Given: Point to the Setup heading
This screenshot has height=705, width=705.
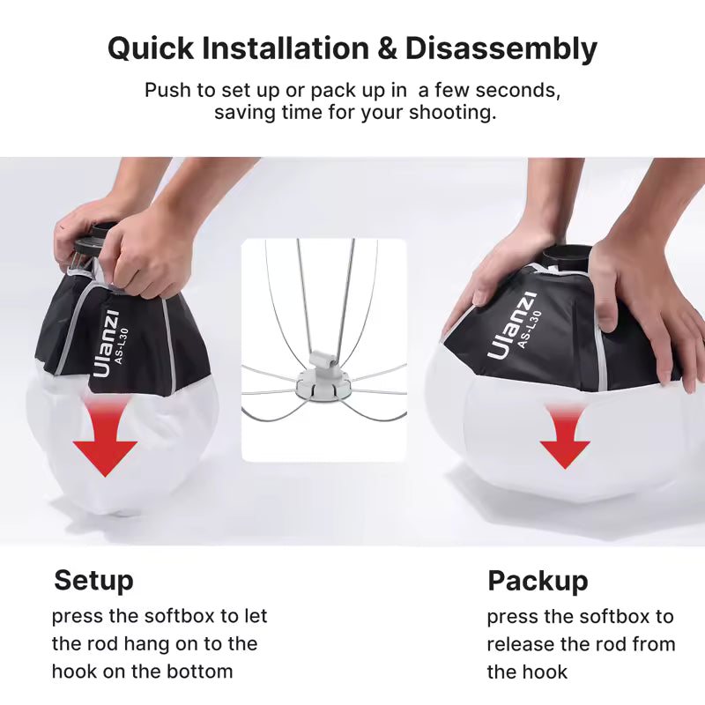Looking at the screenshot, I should [x=93, y=581].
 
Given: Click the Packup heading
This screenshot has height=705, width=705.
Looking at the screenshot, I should [x=538, y=581].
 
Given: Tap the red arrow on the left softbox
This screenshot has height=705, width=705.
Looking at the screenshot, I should [x=105, y=440].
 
